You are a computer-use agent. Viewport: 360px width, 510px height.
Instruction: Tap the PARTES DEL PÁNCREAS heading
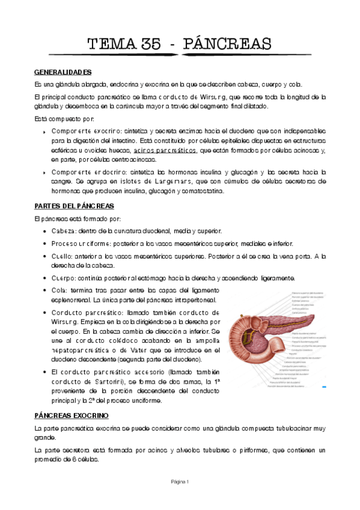(72, 206)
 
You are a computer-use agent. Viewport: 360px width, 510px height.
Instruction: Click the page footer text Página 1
(180, 481)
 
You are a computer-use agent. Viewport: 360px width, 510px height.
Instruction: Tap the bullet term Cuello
(63, 256)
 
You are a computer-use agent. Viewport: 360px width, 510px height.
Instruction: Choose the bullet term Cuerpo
(64, 278)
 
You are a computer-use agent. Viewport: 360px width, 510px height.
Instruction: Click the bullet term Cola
(59, 290)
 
